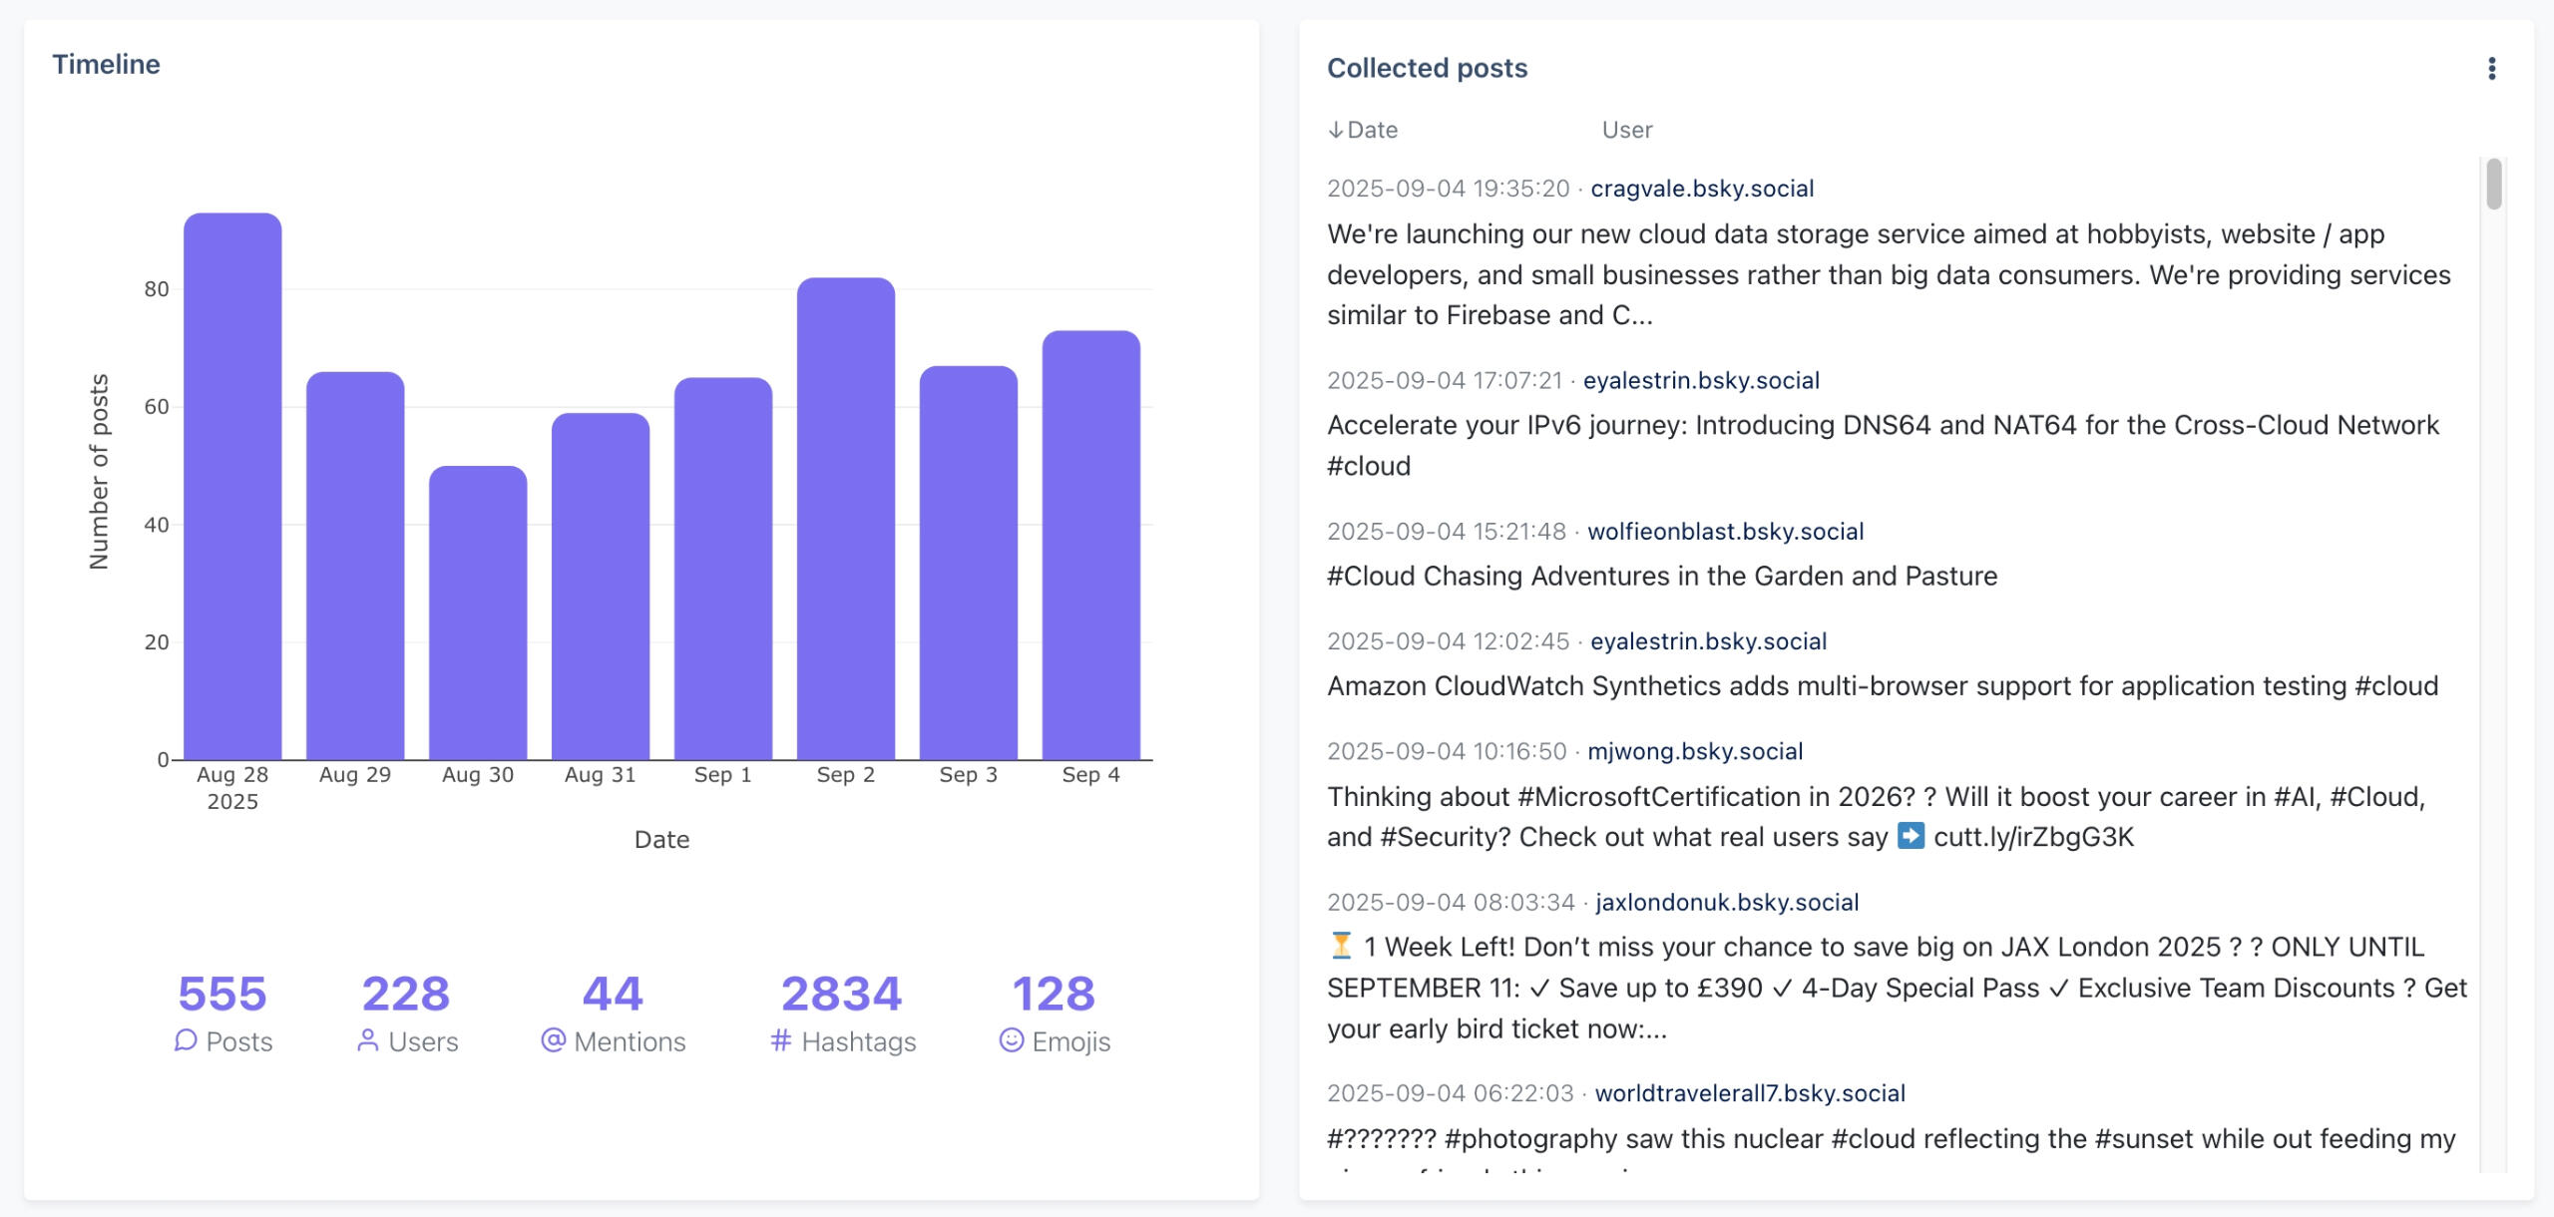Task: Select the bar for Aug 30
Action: point(478,612)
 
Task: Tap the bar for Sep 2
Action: point(845,519)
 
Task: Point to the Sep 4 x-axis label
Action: point(1090,775)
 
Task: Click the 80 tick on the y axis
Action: point(157,289)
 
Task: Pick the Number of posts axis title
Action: point(99,472)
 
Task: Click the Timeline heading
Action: point(106,65)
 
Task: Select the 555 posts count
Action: point(222,994)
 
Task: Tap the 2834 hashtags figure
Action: point(841,994)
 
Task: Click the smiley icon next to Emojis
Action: point(1011,1040)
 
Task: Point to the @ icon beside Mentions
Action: point(553,1040)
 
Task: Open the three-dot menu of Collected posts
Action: point(2491,69)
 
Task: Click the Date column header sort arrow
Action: point(1335,131)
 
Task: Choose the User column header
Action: point(1627,131)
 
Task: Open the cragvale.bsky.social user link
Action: point(1702,189)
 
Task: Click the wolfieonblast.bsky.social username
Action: point(1725,532)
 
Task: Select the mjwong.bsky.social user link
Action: point(1695,751)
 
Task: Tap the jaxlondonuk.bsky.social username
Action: point(1727,902)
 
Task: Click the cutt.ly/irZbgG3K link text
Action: point(2033,837)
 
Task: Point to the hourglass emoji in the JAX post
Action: point(1341,946)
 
